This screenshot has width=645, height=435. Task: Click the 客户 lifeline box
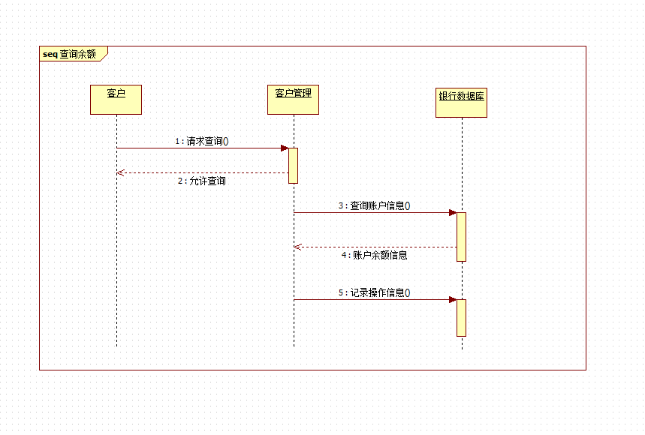(x=116, y=100)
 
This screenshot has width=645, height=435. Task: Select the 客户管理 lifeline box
(x=293, y=100)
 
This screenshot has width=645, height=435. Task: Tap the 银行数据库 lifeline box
(x=462, y=103)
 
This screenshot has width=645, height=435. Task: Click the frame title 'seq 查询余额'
(x=70, y=54)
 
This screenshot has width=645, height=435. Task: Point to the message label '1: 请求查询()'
(x=202, y=140)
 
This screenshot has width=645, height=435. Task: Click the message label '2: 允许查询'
(x=202, y=181)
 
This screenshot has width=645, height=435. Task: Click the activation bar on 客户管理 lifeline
(x=294, y=165)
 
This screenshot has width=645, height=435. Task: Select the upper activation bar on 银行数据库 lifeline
(x=462, y=236)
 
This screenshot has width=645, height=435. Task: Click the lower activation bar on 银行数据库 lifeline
(x=462, y=317)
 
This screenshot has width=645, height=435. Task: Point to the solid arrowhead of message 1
(x=285, y=148)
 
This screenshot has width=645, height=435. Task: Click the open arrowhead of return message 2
(x=120, y=172)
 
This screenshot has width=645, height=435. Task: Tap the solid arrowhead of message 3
(x=453, y=212)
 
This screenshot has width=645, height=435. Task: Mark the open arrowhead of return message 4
(x=297, y=247)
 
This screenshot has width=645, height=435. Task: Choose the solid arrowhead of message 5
(x=453, y=299)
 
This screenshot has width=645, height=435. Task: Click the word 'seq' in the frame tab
(x=50, y=54)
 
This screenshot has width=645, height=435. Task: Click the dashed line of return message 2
(x=203, y=172)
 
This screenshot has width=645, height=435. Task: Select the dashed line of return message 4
(x=375, y=247)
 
